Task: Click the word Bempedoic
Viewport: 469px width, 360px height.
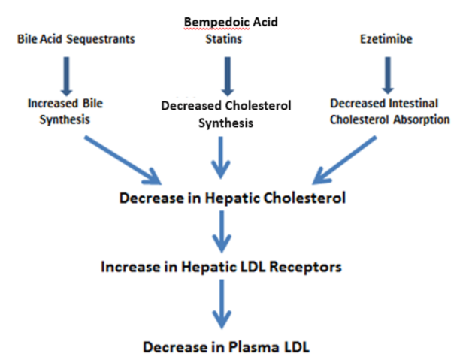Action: point(216,23)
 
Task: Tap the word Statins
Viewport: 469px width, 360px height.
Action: point(224,39)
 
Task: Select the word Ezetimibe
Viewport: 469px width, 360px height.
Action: point(386,39)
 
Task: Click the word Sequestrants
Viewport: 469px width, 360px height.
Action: point(101,40)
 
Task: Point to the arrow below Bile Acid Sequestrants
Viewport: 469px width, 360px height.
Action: point(66,77)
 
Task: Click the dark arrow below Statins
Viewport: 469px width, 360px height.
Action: point(228,77)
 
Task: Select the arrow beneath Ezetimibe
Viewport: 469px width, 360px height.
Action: point(388,76)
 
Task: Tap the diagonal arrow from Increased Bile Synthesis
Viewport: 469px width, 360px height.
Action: point(123,160)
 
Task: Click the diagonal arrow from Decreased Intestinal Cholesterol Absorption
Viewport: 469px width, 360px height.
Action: point(344,160)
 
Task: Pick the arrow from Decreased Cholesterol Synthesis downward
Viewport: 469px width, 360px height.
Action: point(221,158)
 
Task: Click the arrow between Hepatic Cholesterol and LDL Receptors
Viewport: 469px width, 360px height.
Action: point(222,231)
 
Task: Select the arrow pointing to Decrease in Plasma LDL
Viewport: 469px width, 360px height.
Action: point(222,304)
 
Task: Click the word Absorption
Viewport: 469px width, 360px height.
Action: point(422,120)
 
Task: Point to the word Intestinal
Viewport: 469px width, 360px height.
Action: point(413,104)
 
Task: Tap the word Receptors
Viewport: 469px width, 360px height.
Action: point(305,267)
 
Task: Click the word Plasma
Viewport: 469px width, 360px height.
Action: point(253,347)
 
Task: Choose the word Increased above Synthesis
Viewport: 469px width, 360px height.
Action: point(53,104)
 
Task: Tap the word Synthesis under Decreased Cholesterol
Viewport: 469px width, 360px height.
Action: point(225,123)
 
